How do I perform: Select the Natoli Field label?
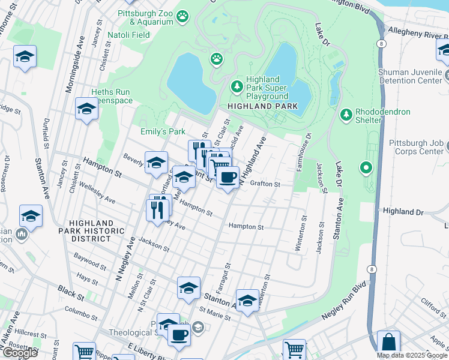[128, 35]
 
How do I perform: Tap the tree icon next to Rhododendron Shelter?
[345, 114]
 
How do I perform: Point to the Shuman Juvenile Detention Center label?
[413, 77]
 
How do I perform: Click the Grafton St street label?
[265, 184]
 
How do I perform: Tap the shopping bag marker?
[389, 343]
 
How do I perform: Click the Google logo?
[20, 353]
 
